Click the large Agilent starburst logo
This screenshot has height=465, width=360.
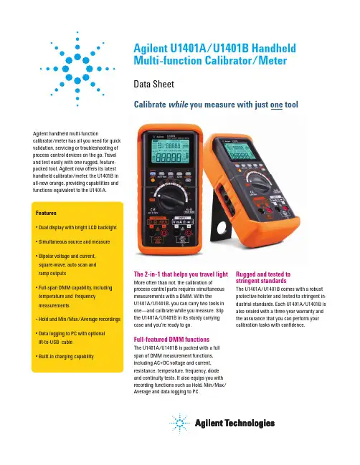77,69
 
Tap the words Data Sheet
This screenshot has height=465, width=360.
153,85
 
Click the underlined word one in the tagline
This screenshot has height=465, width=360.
276,105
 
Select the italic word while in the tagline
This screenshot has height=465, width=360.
178,105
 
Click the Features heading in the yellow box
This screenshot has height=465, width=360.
46,213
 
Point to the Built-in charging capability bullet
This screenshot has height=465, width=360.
65,357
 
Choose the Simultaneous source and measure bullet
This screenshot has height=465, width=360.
72,241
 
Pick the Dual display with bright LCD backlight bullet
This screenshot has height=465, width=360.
76,227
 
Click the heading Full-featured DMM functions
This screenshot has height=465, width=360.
171,340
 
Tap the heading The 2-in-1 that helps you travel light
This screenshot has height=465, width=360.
181,274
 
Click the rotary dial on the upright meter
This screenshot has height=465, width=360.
170,198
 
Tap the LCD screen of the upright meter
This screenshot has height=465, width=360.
170,151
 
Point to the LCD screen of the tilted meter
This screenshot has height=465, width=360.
240,151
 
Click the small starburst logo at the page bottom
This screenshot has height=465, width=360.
179,423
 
